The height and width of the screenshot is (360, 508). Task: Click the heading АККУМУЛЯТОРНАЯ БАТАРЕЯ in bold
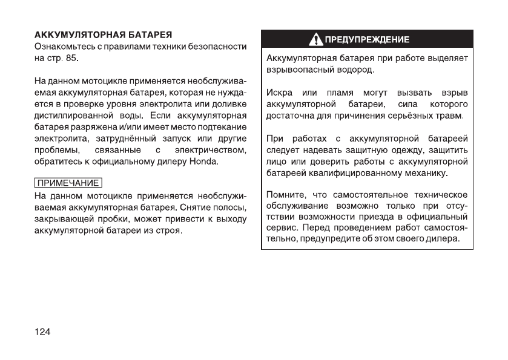coord(103,34)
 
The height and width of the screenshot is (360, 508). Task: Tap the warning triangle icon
coord(317,40)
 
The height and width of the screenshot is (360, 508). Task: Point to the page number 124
coord(42,332)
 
